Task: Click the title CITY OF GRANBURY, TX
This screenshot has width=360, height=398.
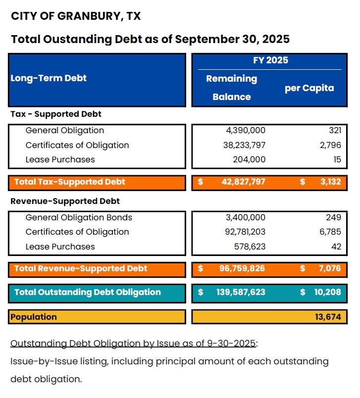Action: coord(76,16)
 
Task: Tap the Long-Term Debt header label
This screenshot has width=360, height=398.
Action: coord(49,78)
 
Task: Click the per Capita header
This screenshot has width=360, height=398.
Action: coord(309,88)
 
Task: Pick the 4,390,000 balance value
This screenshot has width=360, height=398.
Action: coord(245,130)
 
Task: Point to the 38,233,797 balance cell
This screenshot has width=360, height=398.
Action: coord(241,145)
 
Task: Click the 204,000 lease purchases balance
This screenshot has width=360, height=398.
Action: coord(249,159)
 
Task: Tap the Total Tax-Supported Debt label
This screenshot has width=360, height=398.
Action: coord(70,182)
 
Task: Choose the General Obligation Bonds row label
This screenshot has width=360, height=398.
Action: coord(79,217)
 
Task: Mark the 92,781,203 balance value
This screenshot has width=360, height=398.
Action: coord(241,232)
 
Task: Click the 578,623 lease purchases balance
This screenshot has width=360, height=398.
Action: coord(250,247)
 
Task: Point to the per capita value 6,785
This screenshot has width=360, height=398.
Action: coord(330,232)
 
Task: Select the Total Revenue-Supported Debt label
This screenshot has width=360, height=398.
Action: coord(81,268)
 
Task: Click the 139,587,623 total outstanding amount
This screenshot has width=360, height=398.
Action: coord(240,292)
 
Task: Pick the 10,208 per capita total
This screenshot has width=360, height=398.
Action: coord(327,292)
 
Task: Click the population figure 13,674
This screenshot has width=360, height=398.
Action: coord(328,317)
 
